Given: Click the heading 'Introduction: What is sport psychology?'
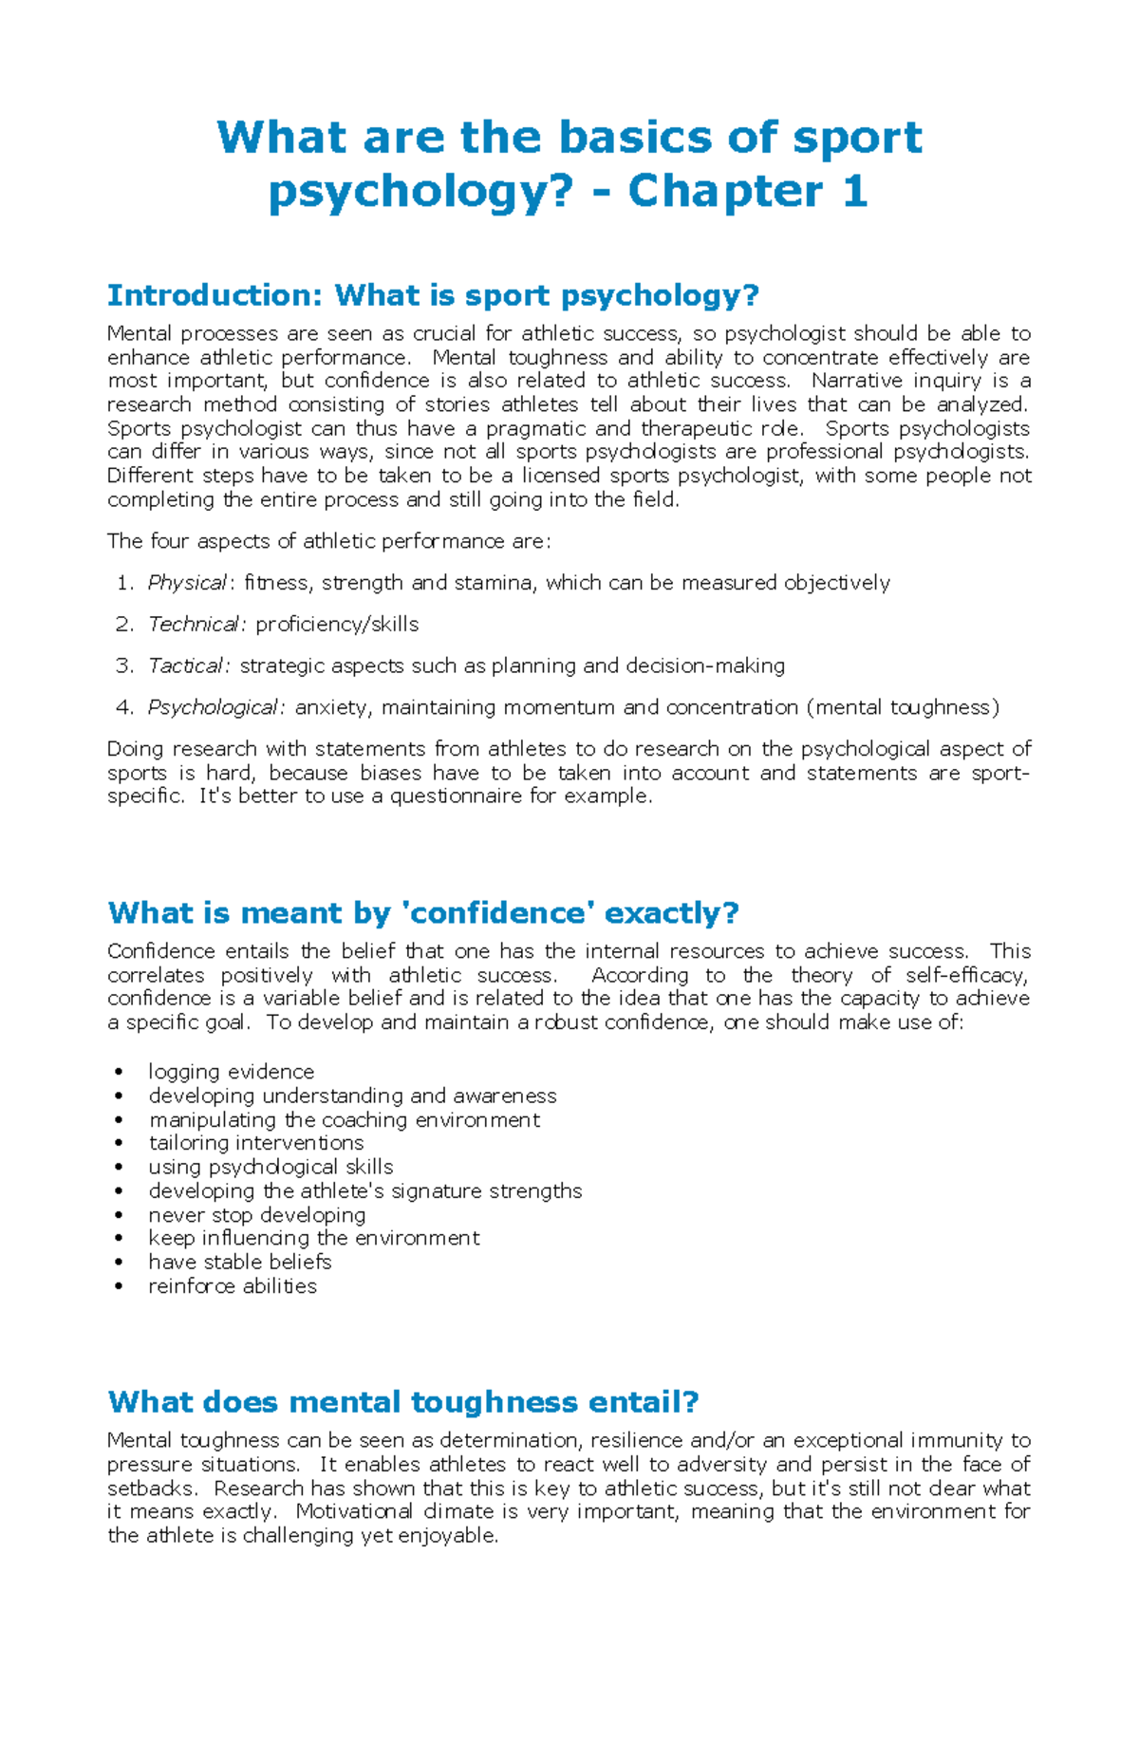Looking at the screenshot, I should [433, 295].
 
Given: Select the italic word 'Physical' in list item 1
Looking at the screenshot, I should [186, 583].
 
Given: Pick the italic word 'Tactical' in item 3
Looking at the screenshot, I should [187, 666].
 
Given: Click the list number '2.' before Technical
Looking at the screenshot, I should [124, 625].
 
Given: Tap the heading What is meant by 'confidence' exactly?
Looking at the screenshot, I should [423, 913].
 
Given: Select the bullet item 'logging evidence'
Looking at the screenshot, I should [231, 1072].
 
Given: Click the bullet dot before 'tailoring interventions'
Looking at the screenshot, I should [119, 1143].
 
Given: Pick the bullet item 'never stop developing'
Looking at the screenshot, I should [256, 1215].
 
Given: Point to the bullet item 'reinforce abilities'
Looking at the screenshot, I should [233, 1286].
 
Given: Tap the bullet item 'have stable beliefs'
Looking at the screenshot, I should [239, 1263].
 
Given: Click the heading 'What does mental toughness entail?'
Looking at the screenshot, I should [403, 1402].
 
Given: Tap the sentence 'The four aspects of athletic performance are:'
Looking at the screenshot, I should [328, 542].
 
